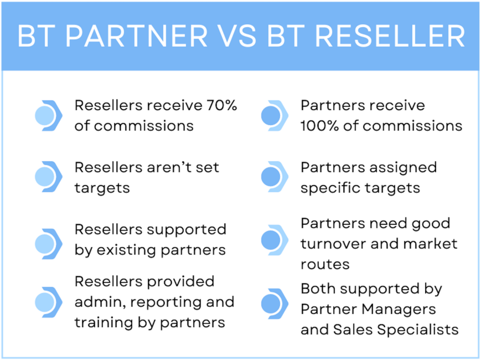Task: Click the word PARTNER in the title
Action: pos(137,36)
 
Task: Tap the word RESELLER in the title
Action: pos(390,36)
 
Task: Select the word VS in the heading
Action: pos(238,36)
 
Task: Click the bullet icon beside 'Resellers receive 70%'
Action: pos(48,116)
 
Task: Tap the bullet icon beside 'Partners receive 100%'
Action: pos(274,116)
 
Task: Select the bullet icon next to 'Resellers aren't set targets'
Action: pos(48,177)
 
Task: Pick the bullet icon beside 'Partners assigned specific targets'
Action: pos(274,177)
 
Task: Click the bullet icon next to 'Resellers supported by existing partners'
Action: pos(48,244)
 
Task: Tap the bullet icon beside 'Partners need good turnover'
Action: pos(274,240)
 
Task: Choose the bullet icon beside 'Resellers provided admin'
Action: pos(48,302)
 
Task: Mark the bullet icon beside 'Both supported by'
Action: pos(274,304)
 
